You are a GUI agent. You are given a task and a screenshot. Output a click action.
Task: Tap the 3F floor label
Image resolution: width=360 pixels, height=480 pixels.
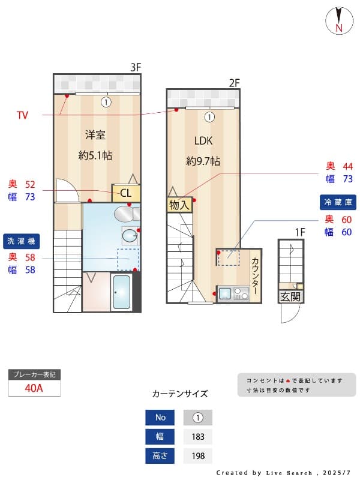[136, 67]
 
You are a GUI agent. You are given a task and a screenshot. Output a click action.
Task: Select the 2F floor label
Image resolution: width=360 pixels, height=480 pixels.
[233, 83]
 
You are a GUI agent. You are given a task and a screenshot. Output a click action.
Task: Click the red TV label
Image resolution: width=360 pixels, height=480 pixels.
[22, 115]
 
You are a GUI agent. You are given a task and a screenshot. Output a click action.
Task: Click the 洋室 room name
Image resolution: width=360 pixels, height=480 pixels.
[95, 134]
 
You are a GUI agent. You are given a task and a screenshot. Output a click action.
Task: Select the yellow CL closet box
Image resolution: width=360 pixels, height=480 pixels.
[126, 193]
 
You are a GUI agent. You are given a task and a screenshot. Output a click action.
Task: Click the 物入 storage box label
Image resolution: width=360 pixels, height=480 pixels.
[179, 205]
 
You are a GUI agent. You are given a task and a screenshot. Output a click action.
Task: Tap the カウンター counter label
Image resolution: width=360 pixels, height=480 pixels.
[255, 275]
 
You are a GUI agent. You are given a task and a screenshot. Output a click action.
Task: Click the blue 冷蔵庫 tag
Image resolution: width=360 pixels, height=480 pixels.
[338, 202]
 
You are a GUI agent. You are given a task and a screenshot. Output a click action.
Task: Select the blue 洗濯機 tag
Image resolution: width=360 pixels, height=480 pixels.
[22, 241]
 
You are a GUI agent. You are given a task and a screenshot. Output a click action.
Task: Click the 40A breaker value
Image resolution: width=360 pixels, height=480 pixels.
[34, 388]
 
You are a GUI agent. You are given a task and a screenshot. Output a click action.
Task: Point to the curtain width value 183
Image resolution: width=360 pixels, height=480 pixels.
[198, 437]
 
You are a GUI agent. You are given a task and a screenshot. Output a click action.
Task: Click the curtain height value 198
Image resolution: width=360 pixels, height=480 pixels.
[198, 456]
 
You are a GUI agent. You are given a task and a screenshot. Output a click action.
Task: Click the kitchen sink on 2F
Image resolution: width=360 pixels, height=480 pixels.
[225, 294]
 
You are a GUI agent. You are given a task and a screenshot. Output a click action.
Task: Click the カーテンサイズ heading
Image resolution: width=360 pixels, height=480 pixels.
[180, 394]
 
